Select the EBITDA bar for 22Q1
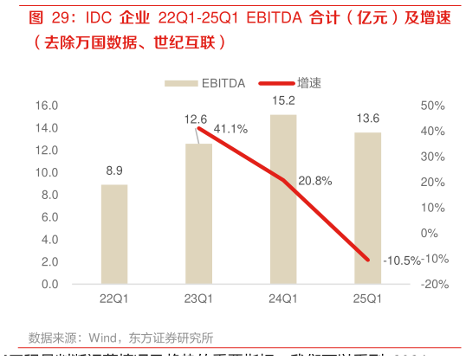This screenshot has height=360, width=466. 114,234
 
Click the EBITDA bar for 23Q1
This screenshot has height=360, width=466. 198,214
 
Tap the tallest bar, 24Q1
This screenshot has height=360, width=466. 283,199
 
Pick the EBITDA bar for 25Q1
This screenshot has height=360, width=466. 367,208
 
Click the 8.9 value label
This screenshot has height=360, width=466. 114,170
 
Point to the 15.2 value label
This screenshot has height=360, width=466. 283,100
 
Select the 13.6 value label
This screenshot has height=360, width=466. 367,119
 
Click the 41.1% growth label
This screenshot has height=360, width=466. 230,129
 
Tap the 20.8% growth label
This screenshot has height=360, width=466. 314,181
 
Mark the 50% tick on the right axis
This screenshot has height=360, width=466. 432,106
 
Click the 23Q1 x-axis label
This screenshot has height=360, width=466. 198,299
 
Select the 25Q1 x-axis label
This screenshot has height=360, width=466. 367,299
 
